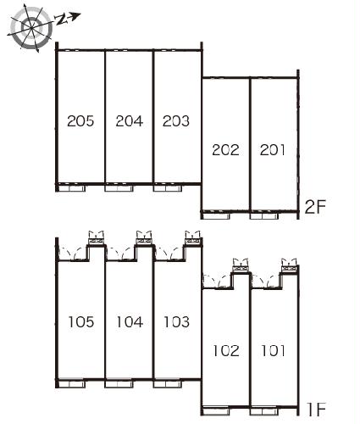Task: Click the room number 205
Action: coord(80,121)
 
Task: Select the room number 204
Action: coord(130,121)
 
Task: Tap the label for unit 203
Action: coord(176,121)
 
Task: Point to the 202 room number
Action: coord(225,150)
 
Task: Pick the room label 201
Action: coord(273,150)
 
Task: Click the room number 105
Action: coord(81,322)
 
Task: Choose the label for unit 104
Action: coord(130,322)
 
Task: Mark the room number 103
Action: coord(177,322)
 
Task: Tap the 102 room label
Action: coord(226,351)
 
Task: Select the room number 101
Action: coord(273,351)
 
